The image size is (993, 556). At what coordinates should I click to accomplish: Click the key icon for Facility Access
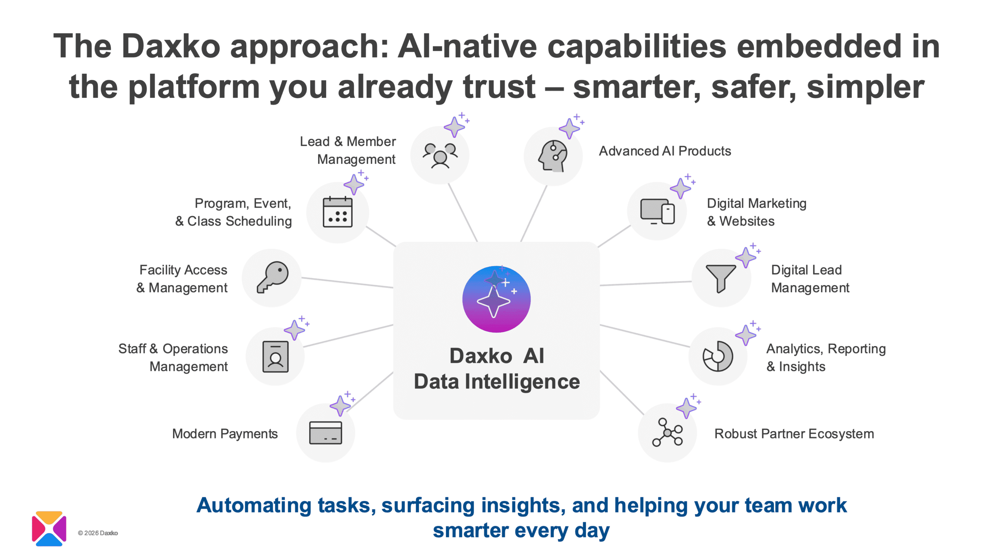click(272, 277)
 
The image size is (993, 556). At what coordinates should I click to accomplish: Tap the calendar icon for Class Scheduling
click(337, 212)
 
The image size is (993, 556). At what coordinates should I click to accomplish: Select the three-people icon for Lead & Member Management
click(440, 155)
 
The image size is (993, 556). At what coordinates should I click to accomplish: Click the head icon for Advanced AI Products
click(553, 156)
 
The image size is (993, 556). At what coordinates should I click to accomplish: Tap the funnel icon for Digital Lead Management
click(721, 278)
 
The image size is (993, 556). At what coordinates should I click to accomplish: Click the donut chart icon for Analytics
click(718, 356)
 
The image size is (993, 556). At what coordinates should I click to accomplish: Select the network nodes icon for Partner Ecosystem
click(667, 432)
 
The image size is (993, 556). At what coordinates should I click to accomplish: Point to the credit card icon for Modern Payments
click(325, 433)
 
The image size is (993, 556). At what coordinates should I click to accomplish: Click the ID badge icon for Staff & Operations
click(275, 357)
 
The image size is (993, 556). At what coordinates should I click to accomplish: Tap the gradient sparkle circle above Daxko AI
click(496, 299)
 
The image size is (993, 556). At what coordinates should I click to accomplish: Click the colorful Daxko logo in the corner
click(49, 528)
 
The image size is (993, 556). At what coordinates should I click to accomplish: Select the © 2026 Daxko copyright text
click(98, 533)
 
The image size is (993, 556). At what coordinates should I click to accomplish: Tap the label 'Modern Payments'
click(225, 433)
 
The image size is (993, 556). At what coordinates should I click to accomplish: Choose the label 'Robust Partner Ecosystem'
click(794, 433)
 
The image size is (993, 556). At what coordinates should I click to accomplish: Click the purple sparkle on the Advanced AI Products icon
click(569, 128)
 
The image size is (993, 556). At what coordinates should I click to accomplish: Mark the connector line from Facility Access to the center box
click(347, 282)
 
